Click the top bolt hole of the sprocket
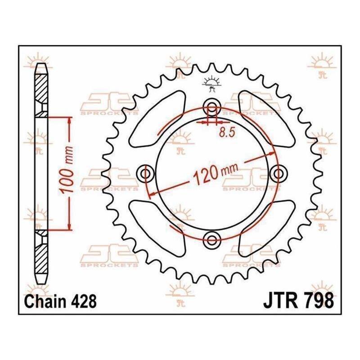click(212, 107)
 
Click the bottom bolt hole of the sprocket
click(212, 240)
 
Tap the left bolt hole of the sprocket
click(145, 173)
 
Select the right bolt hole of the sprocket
click(279, 173)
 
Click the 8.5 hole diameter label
click(227, 132)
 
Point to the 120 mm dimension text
click(216, 174)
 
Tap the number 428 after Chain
click(84, 301)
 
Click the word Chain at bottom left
click(46, 301)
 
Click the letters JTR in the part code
click(280, 301)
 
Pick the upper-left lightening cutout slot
click(157, 119)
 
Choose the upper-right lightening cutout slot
click(267, 119)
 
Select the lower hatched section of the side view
click(41, 252)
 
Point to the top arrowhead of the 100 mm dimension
click(69, 121)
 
